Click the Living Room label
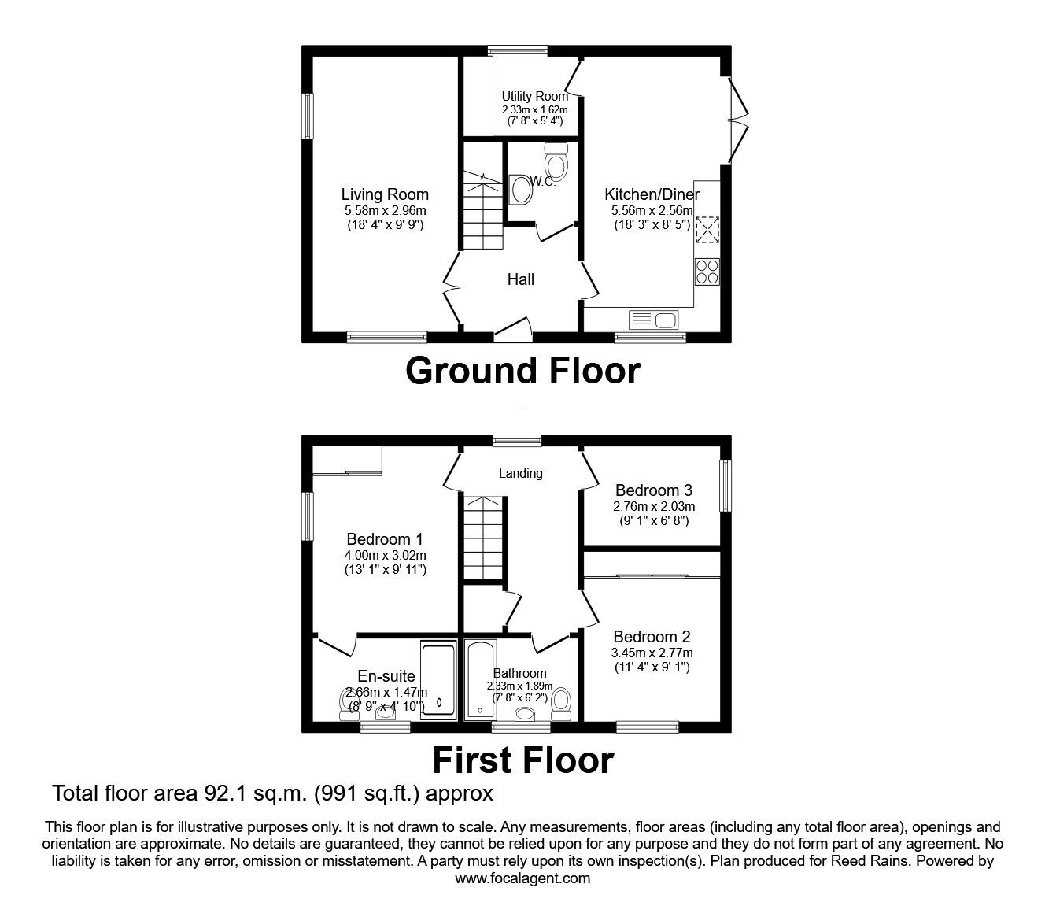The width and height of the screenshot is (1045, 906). [x=385, y=194]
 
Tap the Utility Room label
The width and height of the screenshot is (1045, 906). [x=534, y=97]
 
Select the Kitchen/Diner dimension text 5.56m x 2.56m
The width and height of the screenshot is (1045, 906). [x=652, y=211]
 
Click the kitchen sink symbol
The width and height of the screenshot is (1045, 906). [x=653, y=320]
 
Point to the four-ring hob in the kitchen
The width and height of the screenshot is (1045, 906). [x=707, y=271]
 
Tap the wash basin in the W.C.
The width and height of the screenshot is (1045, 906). [x=520, y=189]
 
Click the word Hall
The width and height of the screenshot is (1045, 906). [x=520, y=279]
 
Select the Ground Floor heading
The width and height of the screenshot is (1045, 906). [x=522, y=371]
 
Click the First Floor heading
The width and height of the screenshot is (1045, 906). [x=522, y=760]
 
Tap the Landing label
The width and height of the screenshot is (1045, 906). [x=520, y=473]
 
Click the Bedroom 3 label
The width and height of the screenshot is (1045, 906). [x=653, y=490]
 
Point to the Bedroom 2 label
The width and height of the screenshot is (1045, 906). [x=652, y=637]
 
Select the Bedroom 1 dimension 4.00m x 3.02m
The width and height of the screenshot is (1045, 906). [x=385, y=555]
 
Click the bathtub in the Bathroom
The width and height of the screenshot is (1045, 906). [x=479, y=679]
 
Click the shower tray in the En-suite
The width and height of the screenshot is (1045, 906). [x=438, y=679]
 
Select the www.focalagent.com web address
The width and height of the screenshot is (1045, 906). [x=522, y=878]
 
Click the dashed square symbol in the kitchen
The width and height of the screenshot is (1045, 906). [x=707, y=231]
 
